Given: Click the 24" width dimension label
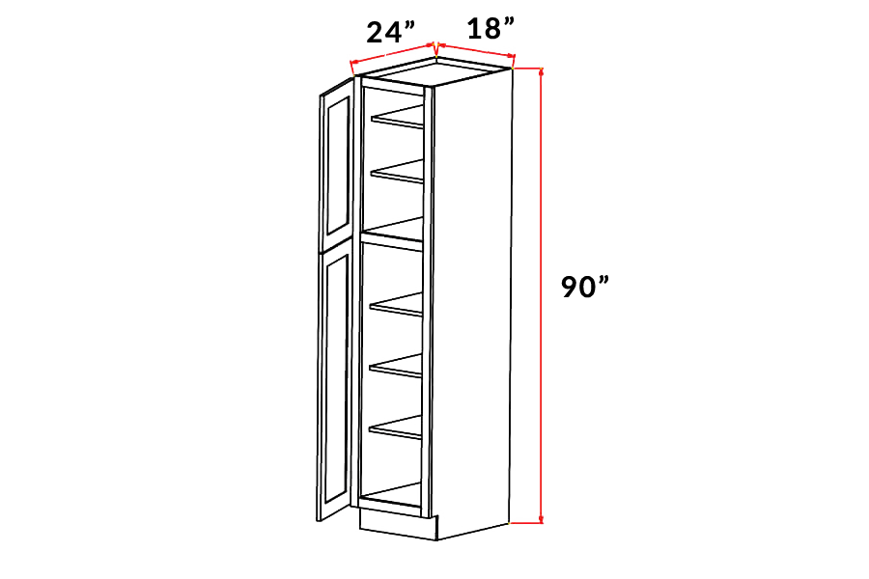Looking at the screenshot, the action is (x=391, y=32).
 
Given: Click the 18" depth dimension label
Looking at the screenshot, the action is (x=491, y=28).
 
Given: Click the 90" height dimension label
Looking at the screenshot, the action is (x=585, y=287).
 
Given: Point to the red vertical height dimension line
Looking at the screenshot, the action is (x=542, y=294).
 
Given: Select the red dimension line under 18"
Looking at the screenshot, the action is (x=476, y=49).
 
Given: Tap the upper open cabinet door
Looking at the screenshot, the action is (x=337, y=164).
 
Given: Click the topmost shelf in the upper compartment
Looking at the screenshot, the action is (x=398, y=118).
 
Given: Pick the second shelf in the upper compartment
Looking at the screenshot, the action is (x=398, y=171).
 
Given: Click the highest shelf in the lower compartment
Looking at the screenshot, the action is (x=396, y=305).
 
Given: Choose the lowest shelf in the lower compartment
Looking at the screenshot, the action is (x=395, y=427).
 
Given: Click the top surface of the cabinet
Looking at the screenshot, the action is (x=434, y=71).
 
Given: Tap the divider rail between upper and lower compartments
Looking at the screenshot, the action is (x=392, y=241).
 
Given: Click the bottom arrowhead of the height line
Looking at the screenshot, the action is (x=542, y=518).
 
